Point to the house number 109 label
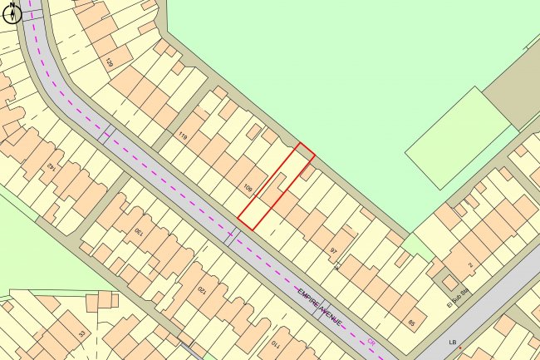[x=248, y=188]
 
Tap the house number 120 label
[x=200, y=290]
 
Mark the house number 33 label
[x=81, y=333]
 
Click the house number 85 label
[x=411, y=323]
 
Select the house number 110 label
[x=275, y=344]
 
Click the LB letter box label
[x=453, y=342]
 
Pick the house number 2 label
[x=469, y=265]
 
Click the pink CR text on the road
[x=371, y=342]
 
